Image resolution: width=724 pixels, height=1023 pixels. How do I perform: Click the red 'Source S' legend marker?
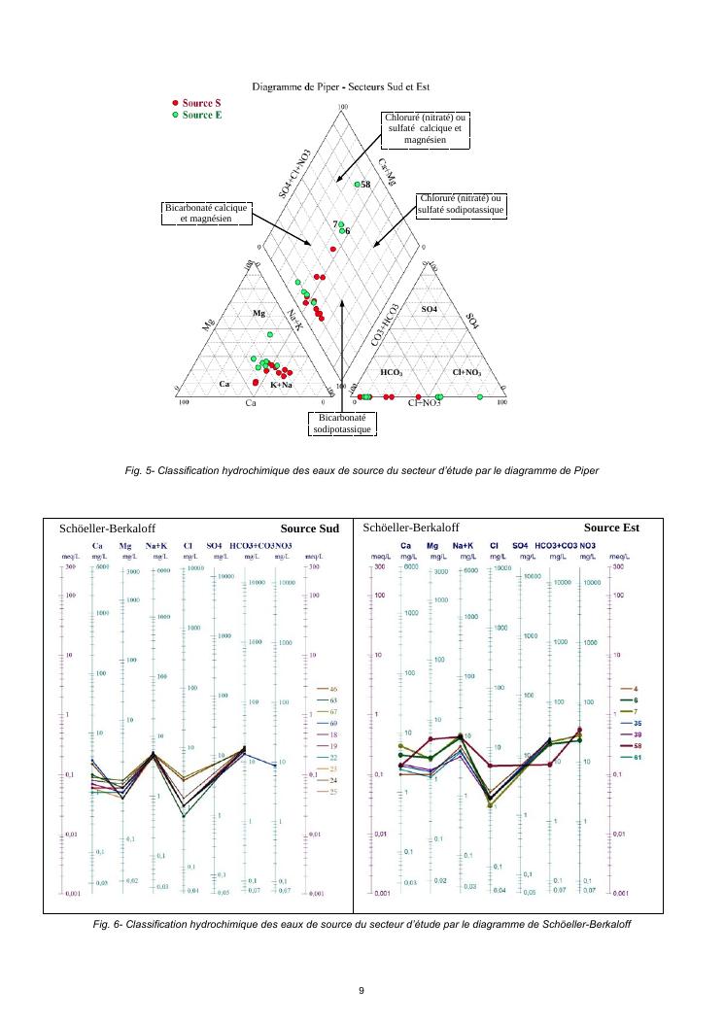(x=175, y=103)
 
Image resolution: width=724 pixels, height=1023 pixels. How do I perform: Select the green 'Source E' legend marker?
(x=175, y=115)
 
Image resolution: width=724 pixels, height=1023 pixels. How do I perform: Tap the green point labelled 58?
(x=358, y=185)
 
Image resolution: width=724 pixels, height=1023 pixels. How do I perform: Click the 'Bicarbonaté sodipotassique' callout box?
(x=344, y=424)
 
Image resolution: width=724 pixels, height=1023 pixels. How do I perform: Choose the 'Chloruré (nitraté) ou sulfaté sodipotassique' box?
(x=461, y=205)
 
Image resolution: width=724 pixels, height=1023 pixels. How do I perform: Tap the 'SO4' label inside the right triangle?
(x=430, y=309)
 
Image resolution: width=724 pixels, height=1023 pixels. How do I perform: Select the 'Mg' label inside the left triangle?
(x=259, y=314)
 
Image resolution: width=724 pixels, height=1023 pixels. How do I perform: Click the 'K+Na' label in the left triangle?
(x=281, y=386)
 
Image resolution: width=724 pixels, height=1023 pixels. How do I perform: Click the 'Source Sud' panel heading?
(x=309, y=529)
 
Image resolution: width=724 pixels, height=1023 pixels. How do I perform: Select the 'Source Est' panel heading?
(x=611, y=529)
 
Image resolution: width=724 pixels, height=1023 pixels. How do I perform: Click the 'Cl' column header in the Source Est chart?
(x=494, y=546)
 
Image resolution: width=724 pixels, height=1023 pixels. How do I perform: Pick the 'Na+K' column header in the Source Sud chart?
(x=155, y=546)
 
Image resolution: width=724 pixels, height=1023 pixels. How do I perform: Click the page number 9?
(x=362, y=990)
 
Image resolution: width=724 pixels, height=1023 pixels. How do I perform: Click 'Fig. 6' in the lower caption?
(x=105, y=924)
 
